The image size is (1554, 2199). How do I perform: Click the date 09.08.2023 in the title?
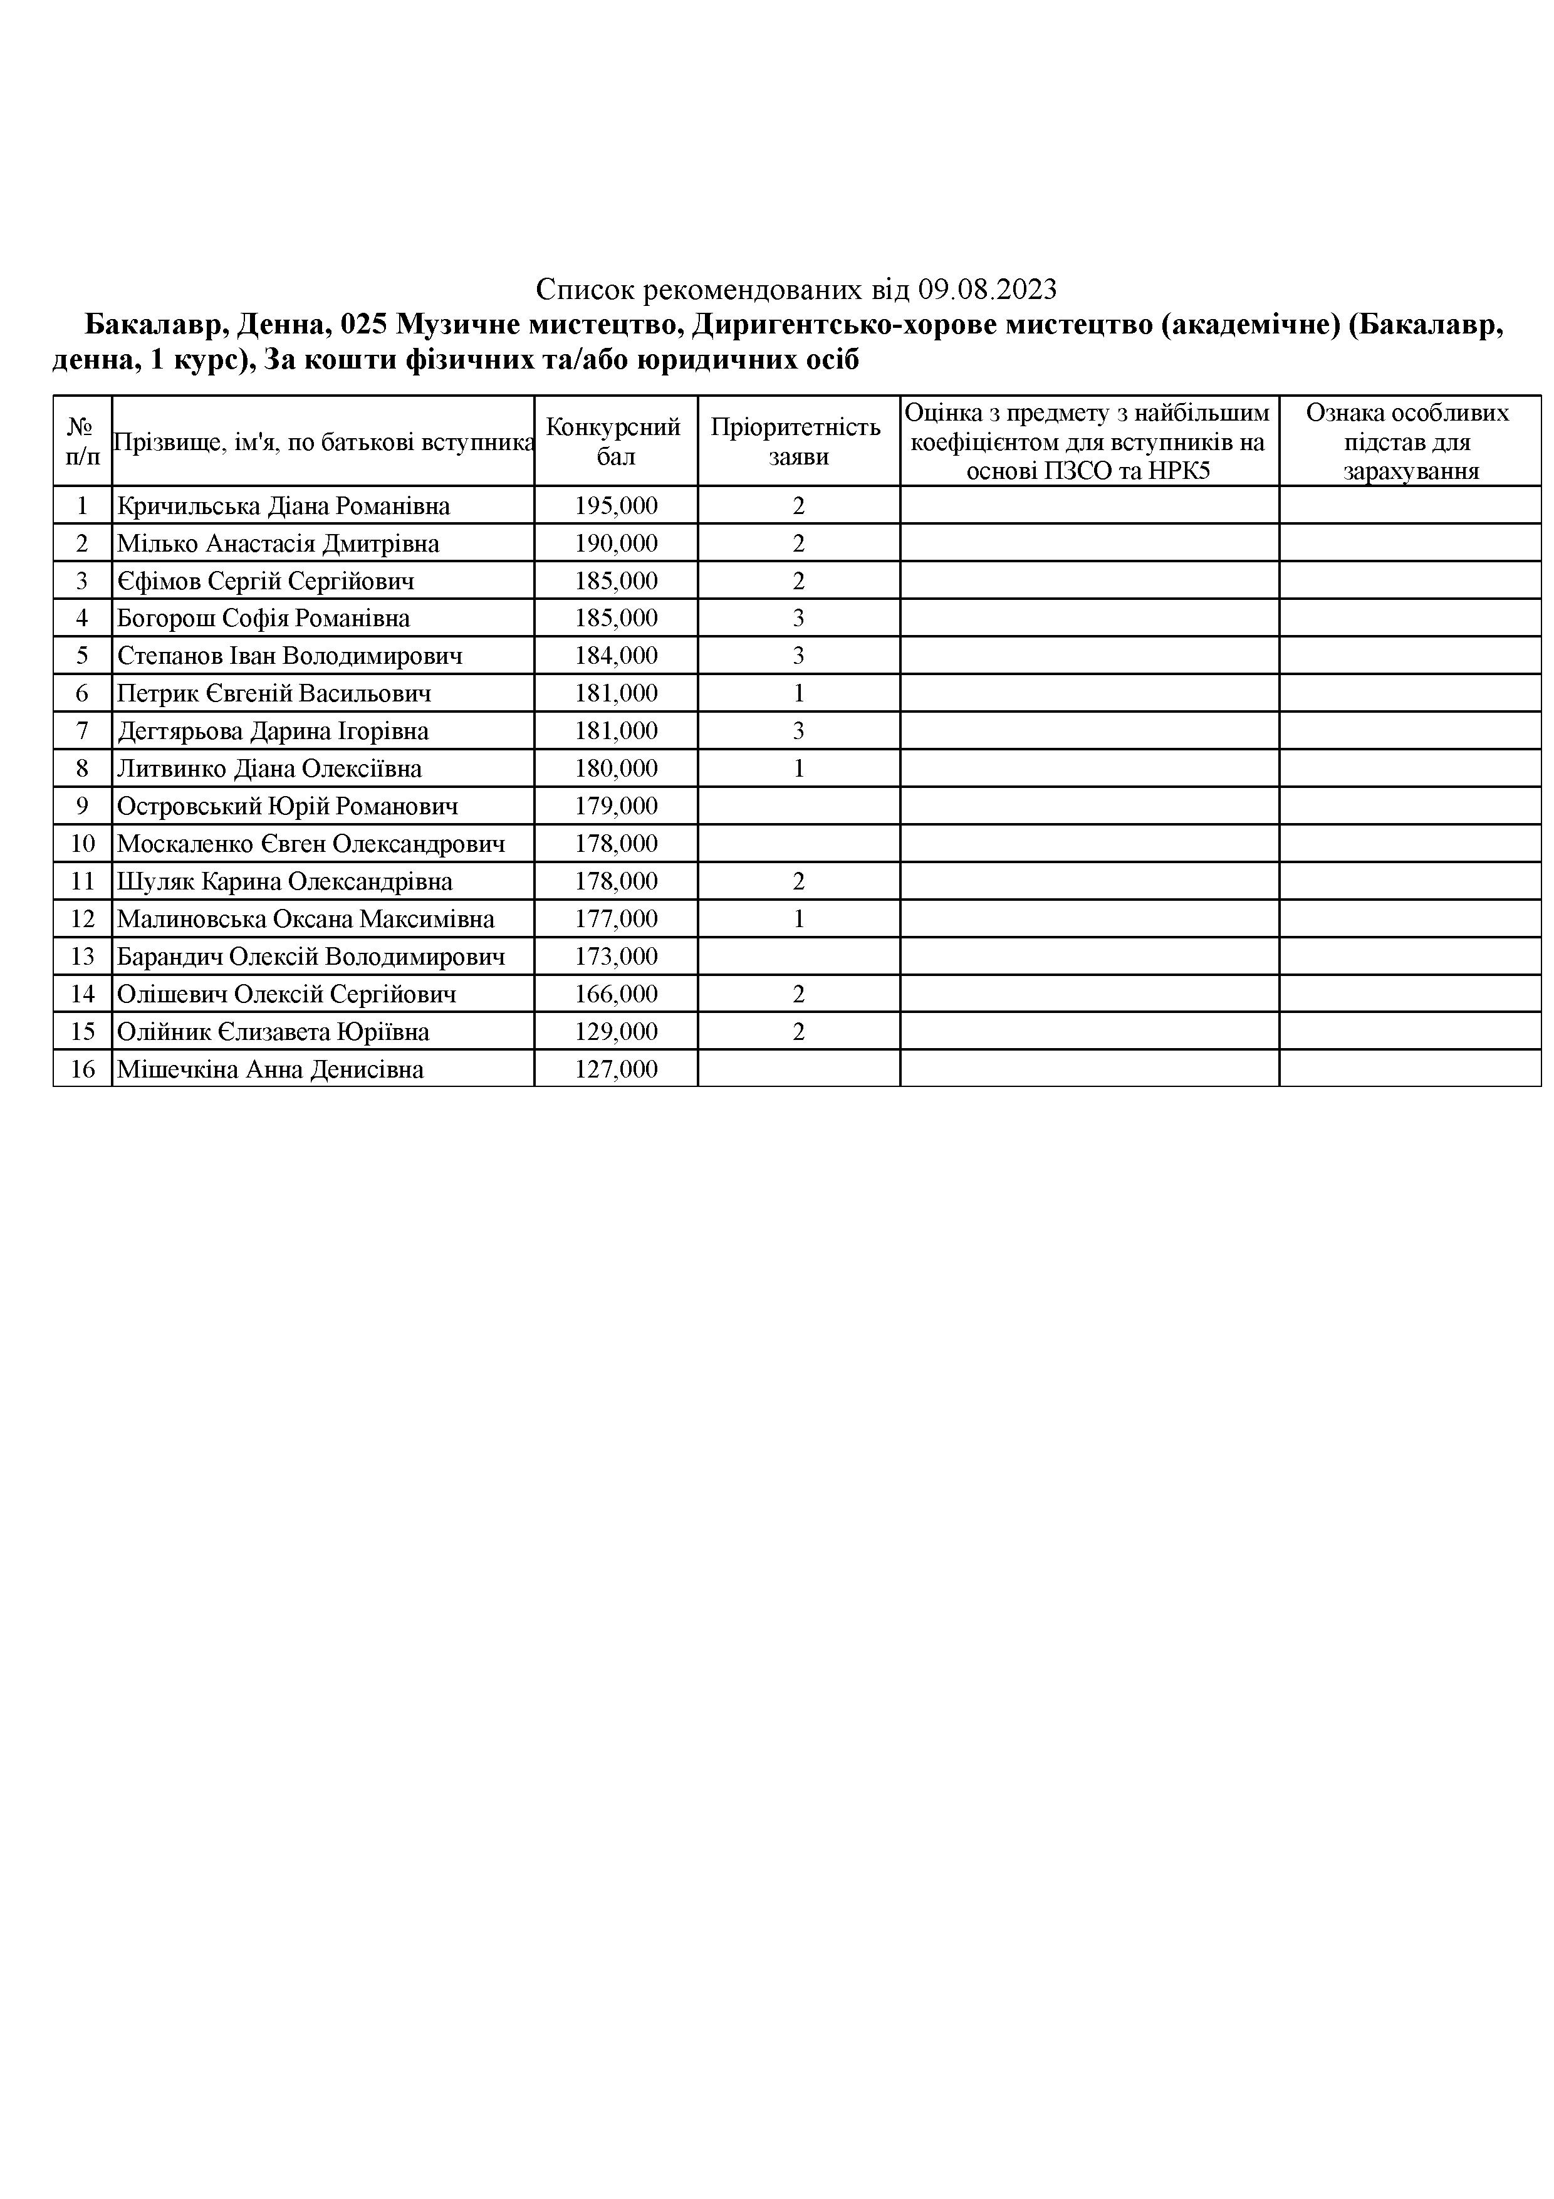pyautogui.click(x=987, y=289)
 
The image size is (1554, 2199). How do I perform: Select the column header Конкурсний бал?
pyautogui.click(x=615, y=441)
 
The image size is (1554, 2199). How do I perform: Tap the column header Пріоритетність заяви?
pyautogui.click(x=798, y=441)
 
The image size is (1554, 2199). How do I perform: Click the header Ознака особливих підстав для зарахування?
pyautogui.click(x=1409, y=441)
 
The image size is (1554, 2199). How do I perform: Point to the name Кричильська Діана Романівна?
pyautogui.click(x=283, y=506)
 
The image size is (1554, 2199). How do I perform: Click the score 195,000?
pyautogui.click(x=616, y=506)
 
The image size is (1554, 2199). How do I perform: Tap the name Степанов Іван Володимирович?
pyautogui.click(x=289, y=656)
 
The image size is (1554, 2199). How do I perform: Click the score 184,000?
pyautogui.click(x=616, y=656)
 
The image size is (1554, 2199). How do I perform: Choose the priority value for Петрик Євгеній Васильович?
pyautogui.click(x=798, y=693)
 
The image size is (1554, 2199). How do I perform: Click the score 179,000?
pyautogui.click(x=616, y=806)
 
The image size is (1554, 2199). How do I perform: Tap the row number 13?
pyautogui.click(x=82, y=957)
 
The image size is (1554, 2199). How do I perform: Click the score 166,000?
pyautogui.click(x=616, y=994)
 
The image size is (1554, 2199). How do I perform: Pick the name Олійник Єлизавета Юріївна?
pyautogui.click(x=273, y=1032)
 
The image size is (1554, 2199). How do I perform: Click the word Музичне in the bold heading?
pyautogui.click(x=456, y=325)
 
